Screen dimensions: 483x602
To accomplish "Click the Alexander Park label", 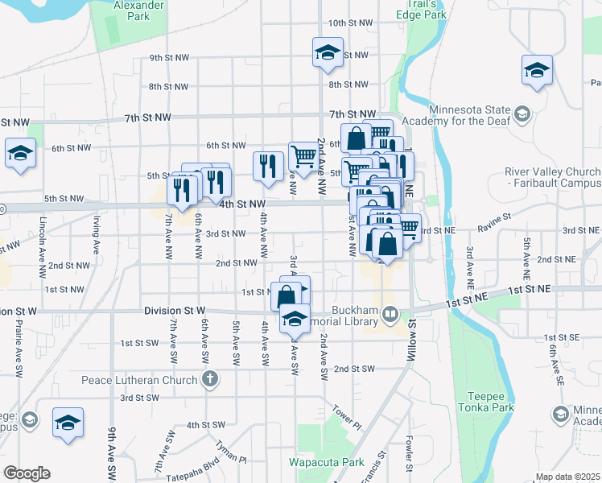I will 132,10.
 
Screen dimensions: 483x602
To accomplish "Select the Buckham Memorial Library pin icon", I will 390,312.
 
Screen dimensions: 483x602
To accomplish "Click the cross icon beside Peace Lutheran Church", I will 210,379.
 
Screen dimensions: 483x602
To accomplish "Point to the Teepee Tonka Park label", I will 490,402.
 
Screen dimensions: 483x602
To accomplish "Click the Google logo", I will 27,473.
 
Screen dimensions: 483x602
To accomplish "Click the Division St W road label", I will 175,311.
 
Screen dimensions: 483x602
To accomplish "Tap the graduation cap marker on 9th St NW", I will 328,53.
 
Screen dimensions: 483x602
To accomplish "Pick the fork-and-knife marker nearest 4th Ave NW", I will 268,165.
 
